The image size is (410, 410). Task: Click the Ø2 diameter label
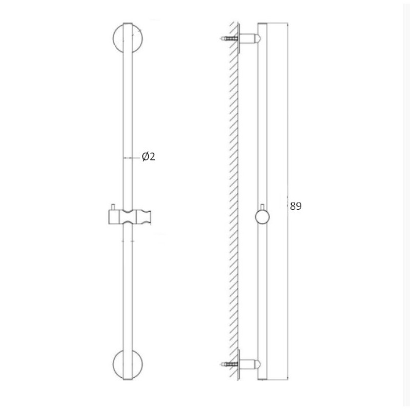click(148, 156)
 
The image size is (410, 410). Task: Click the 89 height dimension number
click(296, 206)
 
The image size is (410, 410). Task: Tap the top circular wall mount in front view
click(115, 38)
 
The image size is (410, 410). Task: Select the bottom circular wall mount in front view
click(115, 364)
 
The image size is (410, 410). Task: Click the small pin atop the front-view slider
click(113, 207)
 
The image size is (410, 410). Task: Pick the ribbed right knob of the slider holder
click(143, 217)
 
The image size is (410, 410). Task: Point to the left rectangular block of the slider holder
click(114, 217)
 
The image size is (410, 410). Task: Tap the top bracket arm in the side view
click(250, 38)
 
